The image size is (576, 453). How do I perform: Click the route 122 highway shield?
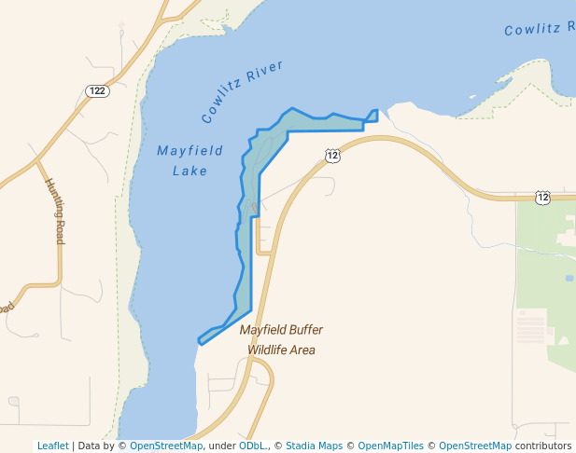click(96, 90)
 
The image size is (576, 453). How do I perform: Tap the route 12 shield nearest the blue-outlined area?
click(332, 156)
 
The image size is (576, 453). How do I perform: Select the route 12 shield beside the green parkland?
click(543, 197)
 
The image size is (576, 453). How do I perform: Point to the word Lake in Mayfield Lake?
click(190, 171)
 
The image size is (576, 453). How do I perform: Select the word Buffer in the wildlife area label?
click(305, 330)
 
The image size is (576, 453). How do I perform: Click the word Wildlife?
click(267, 350)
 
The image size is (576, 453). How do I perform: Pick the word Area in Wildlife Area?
click(302, 350)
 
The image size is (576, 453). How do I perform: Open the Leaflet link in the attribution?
click(52, 446)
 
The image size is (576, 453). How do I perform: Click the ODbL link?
click(251, 446)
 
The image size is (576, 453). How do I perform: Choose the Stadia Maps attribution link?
click(315, 446)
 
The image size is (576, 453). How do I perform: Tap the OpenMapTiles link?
click(390, 446)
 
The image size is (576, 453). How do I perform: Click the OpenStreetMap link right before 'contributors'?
click(475, 446)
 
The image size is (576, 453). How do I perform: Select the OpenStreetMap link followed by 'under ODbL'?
click(165, 446)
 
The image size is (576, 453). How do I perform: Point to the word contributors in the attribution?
click(542, 446)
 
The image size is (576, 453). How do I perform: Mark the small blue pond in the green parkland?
click(569, 278)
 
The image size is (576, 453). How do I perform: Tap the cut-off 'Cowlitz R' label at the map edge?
click(538, 30)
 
